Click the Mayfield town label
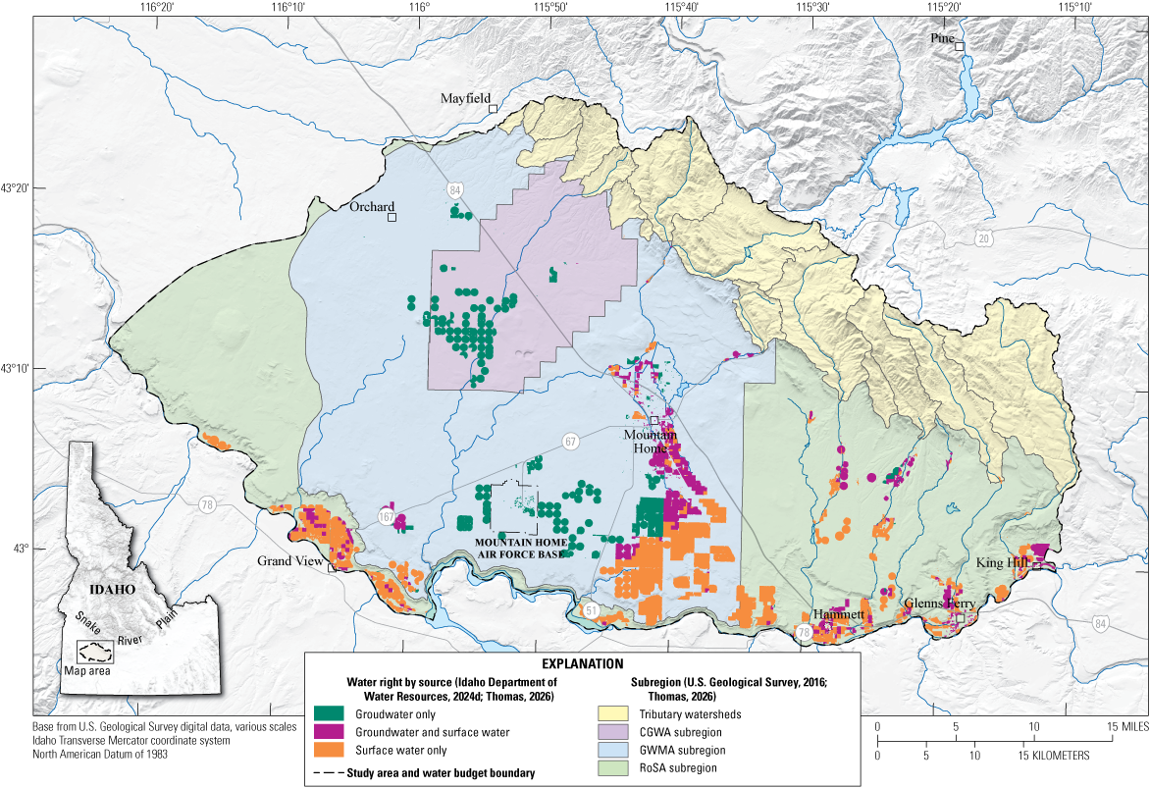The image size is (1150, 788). tap(464, 98)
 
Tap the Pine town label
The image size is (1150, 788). tap(942, 37)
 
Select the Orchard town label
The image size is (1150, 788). tap(372, 207)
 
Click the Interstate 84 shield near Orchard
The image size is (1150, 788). tap(454, 188)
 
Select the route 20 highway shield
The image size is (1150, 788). tap(983, 238)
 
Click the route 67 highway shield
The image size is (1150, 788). tap(570, 442)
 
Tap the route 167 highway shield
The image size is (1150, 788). tap(387, 516)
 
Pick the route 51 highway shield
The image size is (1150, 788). tap(590, 610)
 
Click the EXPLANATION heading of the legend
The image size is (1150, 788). tap(582, 664)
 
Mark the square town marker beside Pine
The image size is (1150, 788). tap(961, 46)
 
